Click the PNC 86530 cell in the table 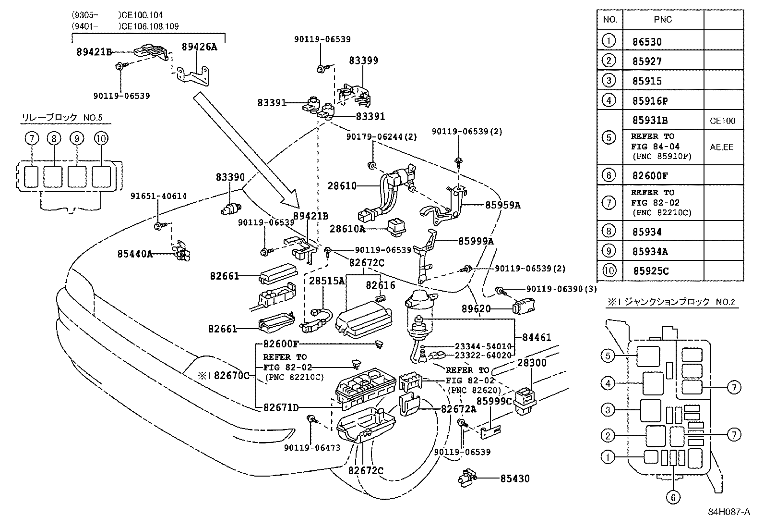pos(647,42)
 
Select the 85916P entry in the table pos(650,101)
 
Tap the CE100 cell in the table pos(722,121)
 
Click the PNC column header pos(663,20)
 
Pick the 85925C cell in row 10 pos(650,271)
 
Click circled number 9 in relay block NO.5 pos(76,138)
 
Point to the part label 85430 pos(515,479)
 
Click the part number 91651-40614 pos(158,196)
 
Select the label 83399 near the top pos(363,61)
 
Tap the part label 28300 pos(532,363)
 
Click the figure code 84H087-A pos(728,512)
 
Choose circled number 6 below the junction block pos(672,498)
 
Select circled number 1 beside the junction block pos(608,457)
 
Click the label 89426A pos(199,47)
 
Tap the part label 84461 pos(537,338)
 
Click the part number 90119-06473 pos(311,448)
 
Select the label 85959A pos(502,205)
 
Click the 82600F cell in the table pos(650,176)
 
